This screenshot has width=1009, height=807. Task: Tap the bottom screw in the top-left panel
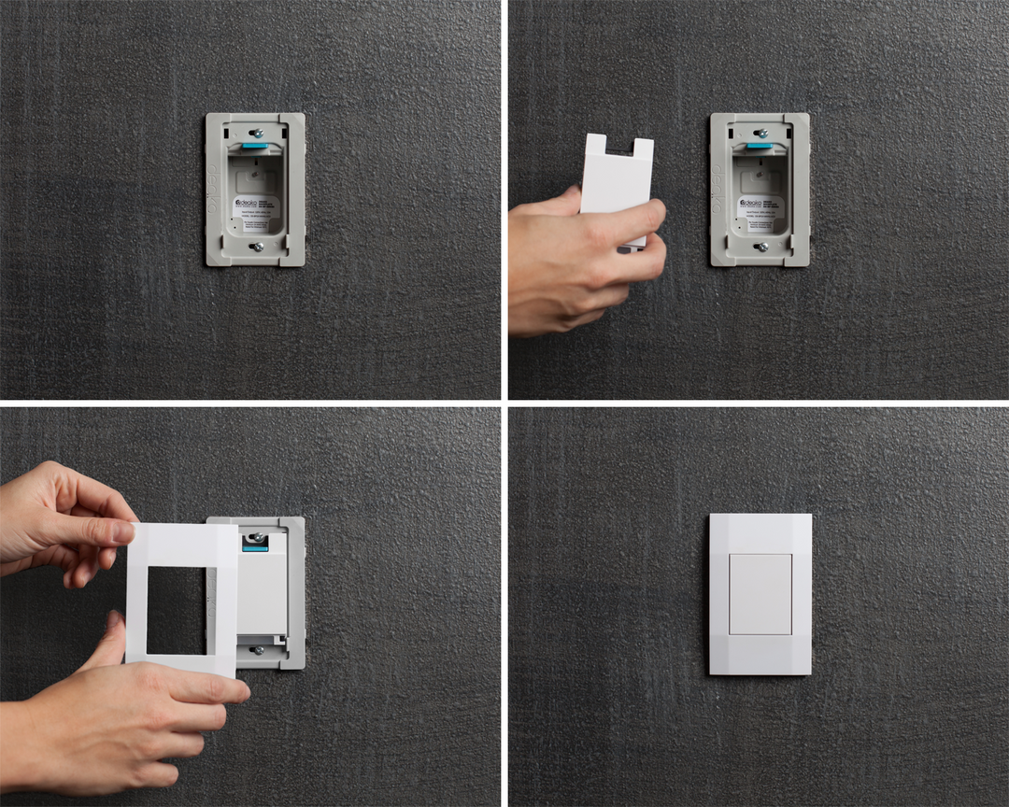click(257, 248)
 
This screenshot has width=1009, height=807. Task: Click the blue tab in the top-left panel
click(255, 145)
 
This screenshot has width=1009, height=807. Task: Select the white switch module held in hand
click(617, 187)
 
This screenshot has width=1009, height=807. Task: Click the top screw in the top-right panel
click(760, 132)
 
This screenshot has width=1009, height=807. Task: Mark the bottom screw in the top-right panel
click(761, 248)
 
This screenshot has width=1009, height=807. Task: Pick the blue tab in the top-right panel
click(760, 145)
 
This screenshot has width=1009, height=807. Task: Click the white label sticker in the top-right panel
click(760, 210)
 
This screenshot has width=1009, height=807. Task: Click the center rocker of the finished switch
click(760, 594)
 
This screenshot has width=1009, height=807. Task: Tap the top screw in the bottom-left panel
click(255, 536)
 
